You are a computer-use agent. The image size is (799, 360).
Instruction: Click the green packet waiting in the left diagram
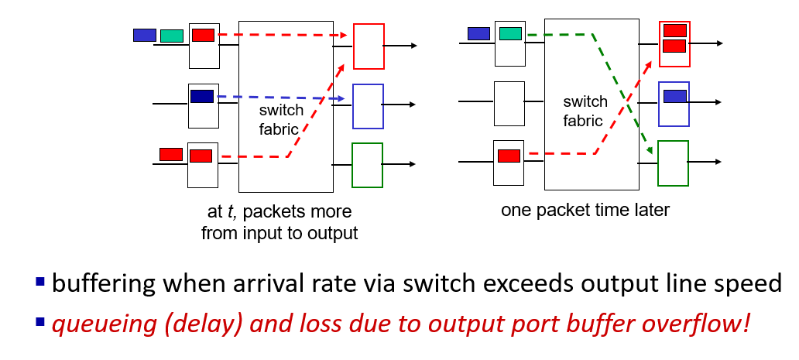[172, 36]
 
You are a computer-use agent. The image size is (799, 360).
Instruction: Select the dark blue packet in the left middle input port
[202, 97]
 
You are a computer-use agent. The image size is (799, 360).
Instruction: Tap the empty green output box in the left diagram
[367, 165]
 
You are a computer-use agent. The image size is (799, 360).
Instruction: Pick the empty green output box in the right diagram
[673, 163]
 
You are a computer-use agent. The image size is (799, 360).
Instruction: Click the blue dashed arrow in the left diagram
[279, 98]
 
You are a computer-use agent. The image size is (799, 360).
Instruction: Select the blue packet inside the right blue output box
[675, 96]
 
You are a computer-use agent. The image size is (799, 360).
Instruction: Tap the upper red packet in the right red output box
[674, 30]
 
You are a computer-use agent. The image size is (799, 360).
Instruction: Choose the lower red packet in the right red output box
[674, 46]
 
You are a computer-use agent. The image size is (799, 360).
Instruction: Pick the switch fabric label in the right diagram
[585, 111]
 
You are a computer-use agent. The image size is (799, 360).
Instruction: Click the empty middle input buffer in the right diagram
[509, 103]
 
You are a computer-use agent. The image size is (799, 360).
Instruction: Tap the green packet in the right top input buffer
[510, 33]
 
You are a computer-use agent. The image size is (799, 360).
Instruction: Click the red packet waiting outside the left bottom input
[170, 154]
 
